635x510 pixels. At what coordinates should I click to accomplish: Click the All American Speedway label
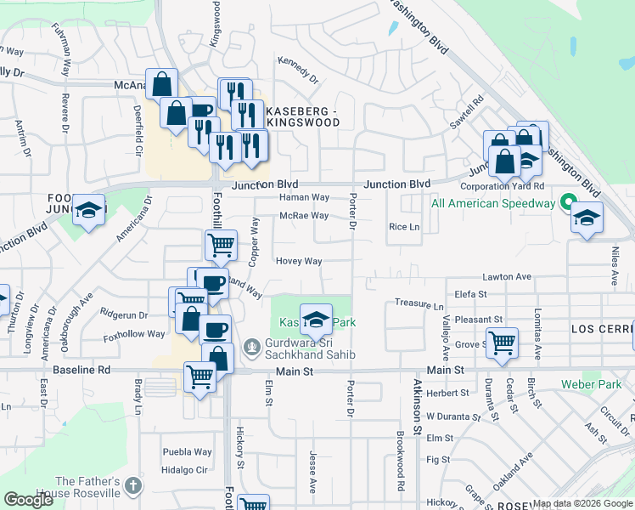(492, 203)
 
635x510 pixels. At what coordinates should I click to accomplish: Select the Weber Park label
(591, 384)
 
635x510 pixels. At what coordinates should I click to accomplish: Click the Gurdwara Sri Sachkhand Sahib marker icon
(251, 348)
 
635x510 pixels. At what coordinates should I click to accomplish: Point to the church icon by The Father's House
(132, 485)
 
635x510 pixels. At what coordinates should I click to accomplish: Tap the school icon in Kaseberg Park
(316, 320)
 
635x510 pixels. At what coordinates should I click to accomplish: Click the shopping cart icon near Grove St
(502, 343)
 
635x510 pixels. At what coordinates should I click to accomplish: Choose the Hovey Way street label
(298, 261)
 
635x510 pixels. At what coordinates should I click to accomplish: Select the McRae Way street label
(304, 216)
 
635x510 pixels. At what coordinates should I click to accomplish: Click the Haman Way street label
(304, 197)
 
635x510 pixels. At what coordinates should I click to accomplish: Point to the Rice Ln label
(404, 227)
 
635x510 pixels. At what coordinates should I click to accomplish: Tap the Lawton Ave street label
(507, 277)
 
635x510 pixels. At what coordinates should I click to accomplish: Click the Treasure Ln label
(419, 305)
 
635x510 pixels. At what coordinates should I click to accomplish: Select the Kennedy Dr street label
(298, 71)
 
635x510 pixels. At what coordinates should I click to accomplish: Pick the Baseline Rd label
(81, 371)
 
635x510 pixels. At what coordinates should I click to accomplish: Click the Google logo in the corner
(29, 499)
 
